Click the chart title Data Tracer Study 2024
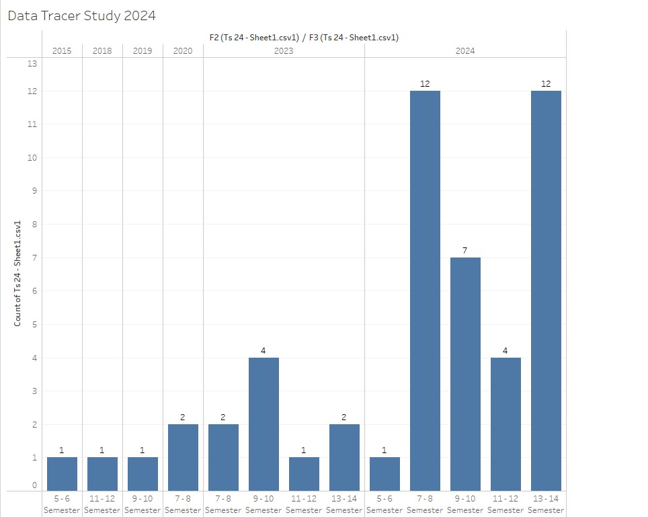click(81, 15)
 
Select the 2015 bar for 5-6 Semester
click(62, 474)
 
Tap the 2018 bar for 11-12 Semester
click(102, 474)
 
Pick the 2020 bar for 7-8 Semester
click(183, 457)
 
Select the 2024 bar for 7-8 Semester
click(425, 290)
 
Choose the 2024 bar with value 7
click(465, 374)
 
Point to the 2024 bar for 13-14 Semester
click(546, 290)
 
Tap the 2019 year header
click(143, 50)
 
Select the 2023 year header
click(284, 50)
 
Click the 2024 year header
click(464, 50)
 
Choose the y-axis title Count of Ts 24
click(18, 273)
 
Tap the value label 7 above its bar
click(465, 251)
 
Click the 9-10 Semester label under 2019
click(143, 504)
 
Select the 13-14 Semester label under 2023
click(344, 504)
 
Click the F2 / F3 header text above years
click(304, 38)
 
